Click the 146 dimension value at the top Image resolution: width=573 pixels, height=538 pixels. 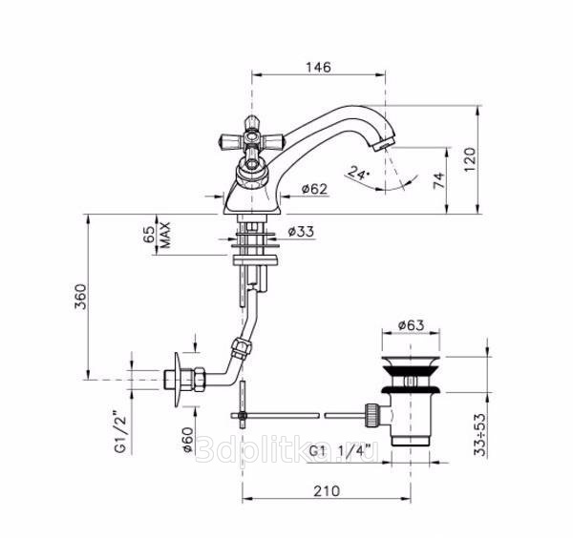pos(318,67)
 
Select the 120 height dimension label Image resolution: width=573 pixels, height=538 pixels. pos(470,159)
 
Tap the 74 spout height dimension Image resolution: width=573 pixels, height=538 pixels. pos(439,180)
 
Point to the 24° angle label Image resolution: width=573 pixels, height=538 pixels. pos(359,172)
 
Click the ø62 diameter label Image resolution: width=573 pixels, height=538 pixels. pos(314,189)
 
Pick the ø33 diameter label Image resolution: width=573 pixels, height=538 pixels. pos(301,232)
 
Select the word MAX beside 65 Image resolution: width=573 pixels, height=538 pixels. pos(165,235)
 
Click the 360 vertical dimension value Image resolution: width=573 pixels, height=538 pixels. pos(80,297)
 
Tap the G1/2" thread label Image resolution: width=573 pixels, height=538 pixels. pos(120,433)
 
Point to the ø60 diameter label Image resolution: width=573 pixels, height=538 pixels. pos(187,440)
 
